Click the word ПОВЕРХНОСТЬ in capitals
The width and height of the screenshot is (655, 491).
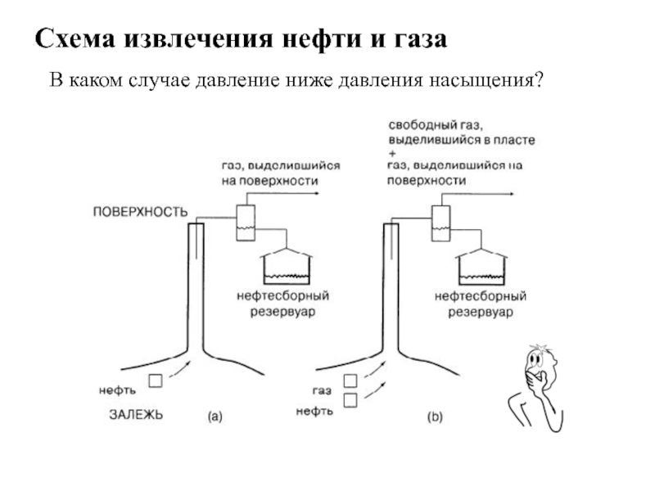click(x=140, y=211)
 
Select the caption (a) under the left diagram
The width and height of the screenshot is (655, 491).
click(x=214, y=417)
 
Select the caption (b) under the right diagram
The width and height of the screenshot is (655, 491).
click(x=435, y=417)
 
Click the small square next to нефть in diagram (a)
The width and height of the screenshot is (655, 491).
click(x=155, y=381)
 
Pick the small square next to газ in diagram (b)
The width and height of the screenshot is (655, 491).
click(x=351, y=381)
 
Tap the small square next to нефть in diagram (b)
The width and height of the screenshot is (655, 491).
click(x=351, y=399)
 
